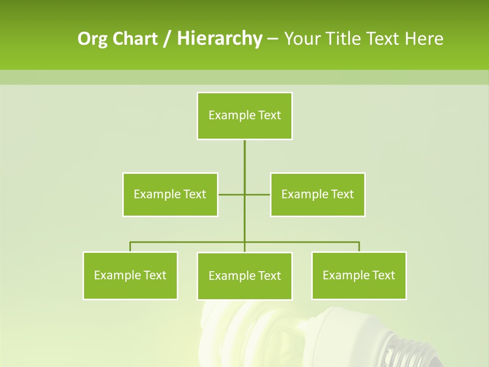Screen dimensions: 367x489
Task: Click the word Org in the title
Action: (92, 39)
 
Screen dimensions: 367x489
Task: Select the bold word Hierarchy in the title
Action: (219, 39)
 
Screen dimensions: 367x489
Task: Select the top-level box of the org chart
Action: (244, 116)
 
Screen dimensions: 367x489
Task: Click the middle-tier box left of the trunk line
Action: (170, 195)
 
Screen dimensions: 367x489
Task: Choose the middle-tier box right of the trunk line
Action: (318, 195)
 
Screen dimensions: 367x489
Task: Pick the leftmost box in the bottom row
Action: (130, 276)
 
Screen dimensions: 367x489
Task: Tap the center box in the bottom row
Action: (244, 276)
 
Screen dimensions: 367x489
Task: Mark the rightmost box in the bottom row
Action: (359, 276)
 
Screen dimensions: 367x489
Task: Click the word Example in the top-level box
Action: (232, 116)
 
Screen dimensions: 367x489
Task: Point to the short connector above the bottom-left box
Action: (130, 247)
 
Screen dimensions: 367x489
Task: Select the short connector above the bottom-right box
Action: (359, 247)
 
